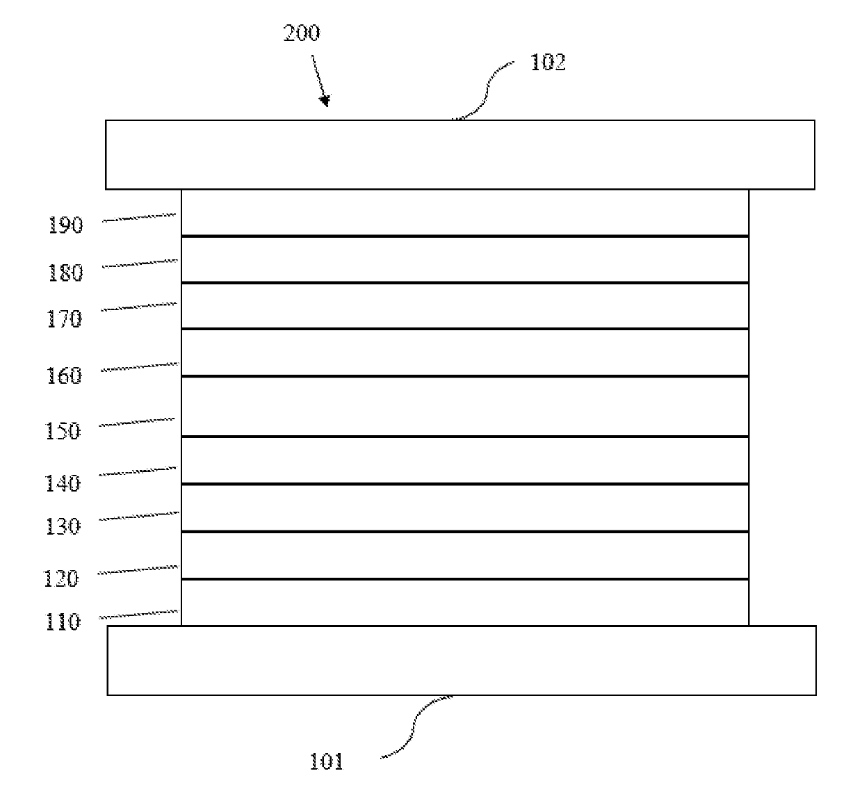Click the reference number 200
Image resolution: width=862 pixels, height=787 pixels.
click(x=301, y=33)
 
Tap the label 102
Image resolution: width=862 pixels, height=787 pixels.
click(x=548, y=63)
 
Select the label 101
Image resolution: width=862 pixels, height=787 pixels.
click(x=326, y=762)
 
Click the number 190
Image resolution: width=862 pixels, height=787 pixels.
click(x=65, y=225)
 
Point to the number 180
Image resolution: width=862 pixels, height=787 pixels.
click(x=65, y=273)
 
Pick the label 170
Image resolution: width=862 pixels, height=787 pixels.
click(x=64, y=319)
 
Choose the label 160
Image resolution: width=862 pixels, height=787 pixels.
click(x=64, y=376)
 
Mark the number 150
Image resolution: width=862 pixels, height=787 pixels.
click(x=63, y=431)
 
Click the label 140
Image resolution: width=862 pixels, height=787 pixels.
click(x=63, y=483)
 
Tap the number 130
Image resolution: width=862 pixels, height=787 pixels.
click(x=63, y=526)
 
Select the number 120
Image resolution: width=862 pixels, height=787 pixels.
click(x=61, y=578)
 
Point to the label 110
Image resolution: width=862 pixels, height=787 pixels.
click(x=63, y=622)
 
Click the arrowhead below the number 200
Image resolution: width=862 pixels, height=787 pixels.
click(x=325, y=102)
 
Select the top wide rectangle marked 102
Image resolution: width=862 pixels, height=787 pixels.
click(x=460, y=154)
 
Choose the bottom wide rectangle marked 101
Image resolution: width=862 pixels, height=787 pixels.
click(x=461, y=660)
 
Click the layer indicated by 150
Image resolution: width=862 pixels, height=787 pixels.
click(x=464, y=407)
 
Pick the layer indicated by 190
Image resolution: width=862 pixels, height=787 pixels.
click(x=464, y=213)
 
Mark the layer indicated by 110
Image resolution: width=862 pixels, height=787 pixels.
click(x=464, y=603)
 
